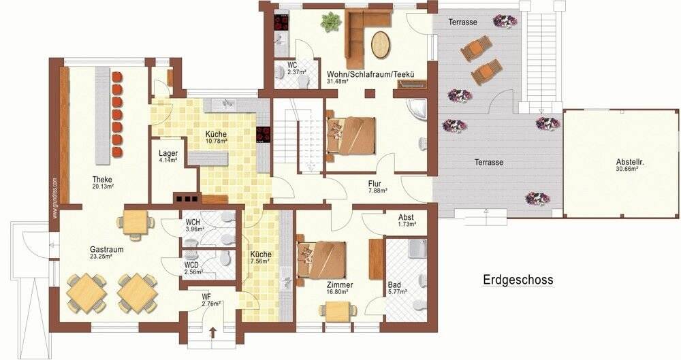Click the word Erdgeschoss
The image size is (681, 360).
pyautogui.click(x=518, y=279)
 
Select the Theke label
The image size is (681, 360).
pyautogui.click(x=104, y=180)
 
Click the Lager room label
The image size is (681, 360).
pyautogui.click(x=168, y=153)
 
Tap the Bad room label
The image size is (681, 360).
pyautogui.click(x=395, y=284)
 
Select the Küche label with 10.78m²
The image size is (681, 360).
pyautogui.click(x=216, y=134)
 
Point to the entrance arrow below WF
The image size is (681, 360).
pyautogui.click(x=212, y=333)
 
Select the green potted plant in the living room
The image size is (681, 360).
pyautogui.click(x=330, y=23)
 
